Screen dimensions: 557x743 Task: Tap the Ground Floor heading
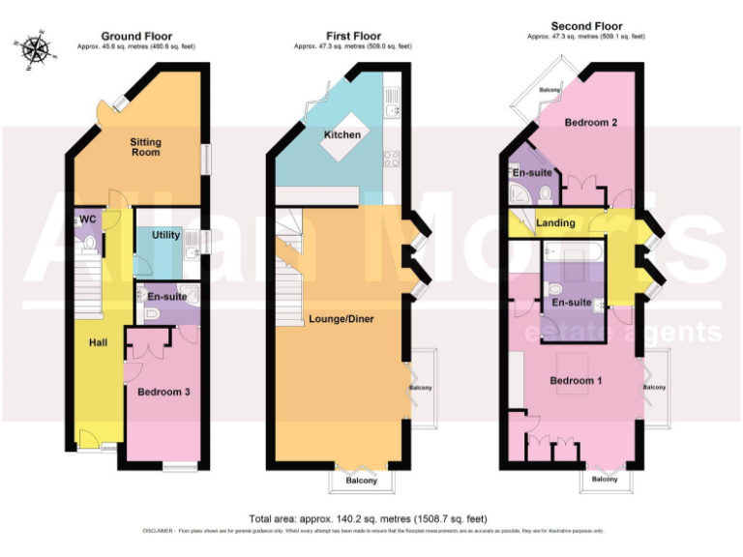[x=136, y=36]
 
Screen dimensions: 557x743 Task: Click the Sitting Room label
[x=146, y=147]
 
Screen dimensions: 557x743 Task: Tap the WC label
[x=88, y=220]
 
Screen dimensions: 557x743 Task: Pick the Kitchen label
[x=342, y=134]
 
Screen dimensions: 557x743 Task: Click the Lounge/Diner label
[x=342, y=318]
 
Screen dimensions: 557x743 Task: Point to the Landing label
[x=555, y=223]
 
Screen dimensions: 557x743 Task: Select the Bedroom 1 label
[x=576, y=380]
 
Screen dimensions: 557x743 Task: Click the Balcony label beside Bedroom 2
[x=550, y=90]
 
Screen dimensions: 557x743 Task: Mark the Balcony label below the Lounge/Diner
[x=365, y=481]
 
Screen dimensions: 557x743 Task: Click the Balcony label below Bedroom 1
[x=604, y=480]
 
